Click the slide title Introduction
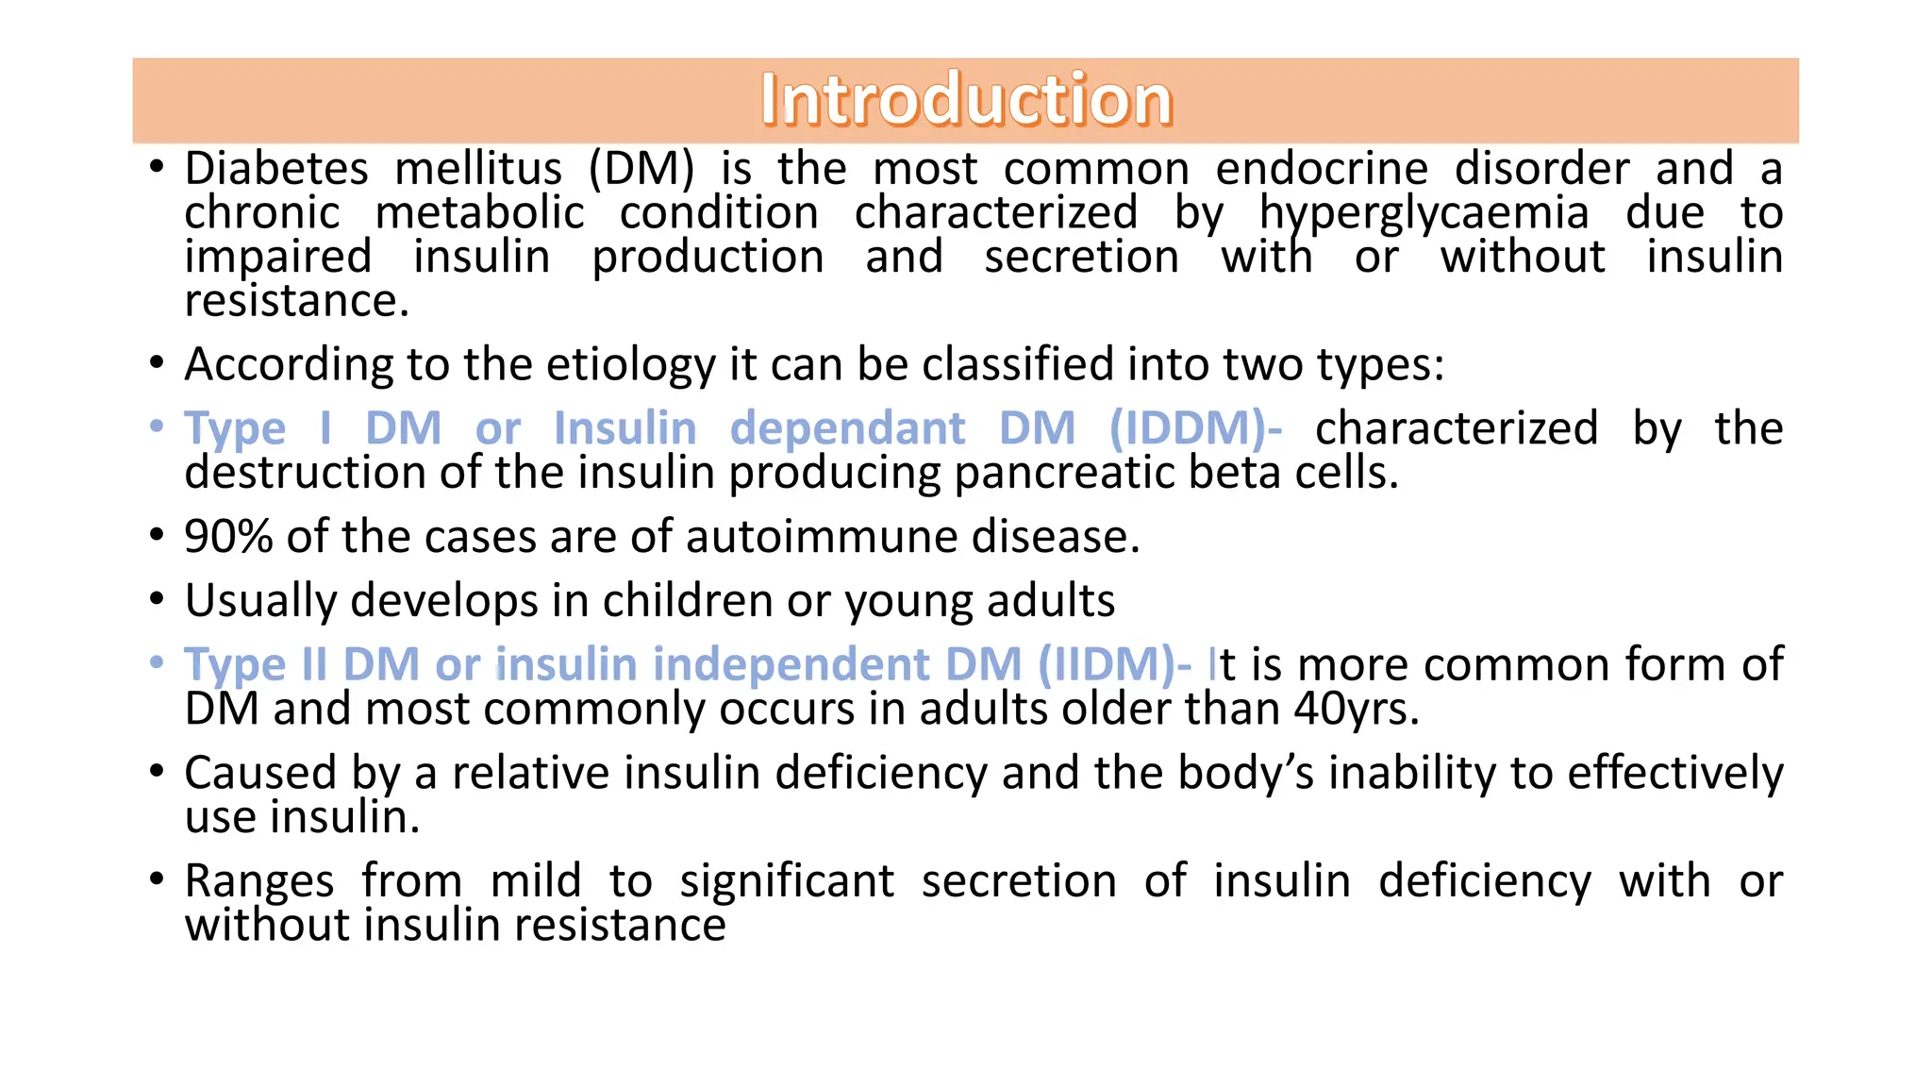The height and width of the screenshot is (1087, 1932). [966, 100]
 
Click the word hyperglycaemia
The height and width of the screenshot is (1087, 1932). [1424, 214]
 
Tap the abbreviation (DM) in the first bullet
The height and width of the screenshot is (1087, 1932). [641, 170]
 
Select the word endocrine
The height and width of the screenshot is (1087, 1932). [1322, 170]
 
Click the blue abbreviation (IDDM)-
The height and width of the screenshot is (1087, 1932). [1195, 429]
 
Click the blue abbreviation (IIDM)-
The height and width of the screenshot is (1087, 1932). [1114, 665]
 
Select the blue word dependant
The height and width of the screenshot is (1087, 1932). [847, 429]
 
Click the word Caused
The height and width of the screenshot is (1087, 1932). [260, 774]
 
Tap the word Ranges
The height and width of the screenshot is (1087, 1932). [259, 882]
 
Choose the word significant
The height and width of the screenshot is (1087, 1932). [787, 882]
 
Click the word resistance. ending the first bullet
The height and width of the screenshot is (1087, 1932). [296, 302]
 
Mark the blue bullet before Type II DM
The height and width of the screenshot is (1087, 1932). [157, 663]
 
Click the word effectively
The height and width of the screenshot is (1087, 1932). [1675, 774]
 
